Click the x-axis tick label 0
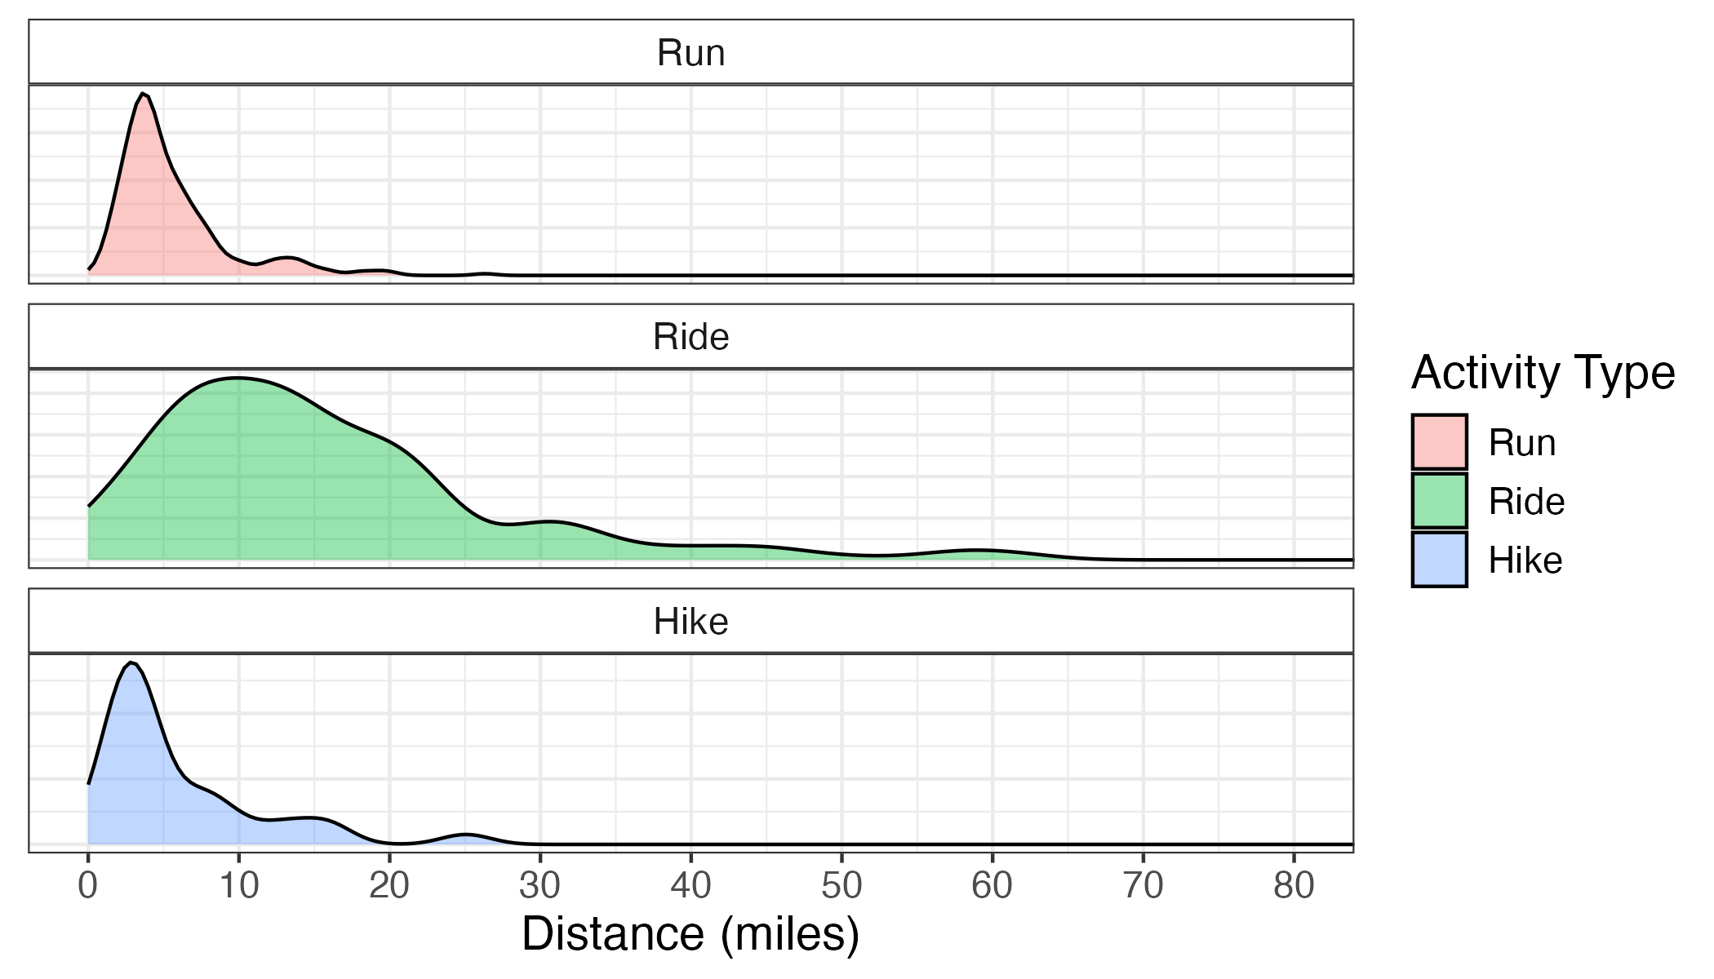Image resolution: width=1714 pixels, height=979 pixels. click(87, 885)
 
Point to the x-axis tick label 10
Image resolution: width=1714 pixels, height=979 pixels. click(238, 885)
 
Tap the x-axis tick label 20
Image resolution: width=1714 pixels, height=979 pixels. click(389, 885)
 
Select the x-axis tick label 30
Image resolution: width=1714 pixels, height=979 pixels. click(540, 885)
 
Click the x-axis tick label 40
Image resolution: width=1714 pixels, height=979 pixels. click(690, 885)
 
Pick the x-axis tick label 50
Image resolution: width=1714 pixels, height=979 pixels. click(841, 885)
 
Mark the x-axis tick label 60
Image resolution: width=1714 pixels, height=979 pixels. click(992, 885)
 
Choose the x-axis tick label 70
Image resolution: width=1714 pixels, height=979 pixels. click(1143, 885)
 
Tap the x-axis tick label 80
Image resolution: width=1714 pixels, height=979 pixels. click(1294, 885)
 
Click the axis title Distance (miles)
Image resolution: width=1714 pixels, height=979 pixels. click(690, 934)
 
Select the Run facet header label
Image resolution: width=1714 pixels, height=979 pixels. click(690, 53)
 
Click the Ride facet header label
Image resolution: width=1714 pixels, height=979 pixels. click(690, 337)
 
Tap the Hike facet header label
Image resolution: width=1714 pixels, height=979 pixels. click(690, 622)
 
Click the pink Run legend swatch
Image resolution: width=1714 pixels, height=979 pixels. click(1440, 442)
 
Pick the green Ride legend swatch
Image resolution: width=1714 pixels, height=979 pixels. click(1440, 501)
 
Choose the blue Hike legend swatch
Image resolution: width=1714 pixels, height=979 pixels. click(1440, 560)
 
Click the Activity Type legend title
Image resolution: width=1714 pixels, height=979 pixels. click(1543, 374)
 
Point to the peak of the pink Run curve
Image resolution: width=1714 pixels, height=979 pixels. click(143, 94)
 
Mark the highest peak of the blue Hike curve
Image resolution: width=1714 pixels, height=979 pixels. click(131, 662)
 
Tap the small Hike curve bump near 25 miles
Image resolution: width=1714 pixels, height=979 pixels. click(465, 835)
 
